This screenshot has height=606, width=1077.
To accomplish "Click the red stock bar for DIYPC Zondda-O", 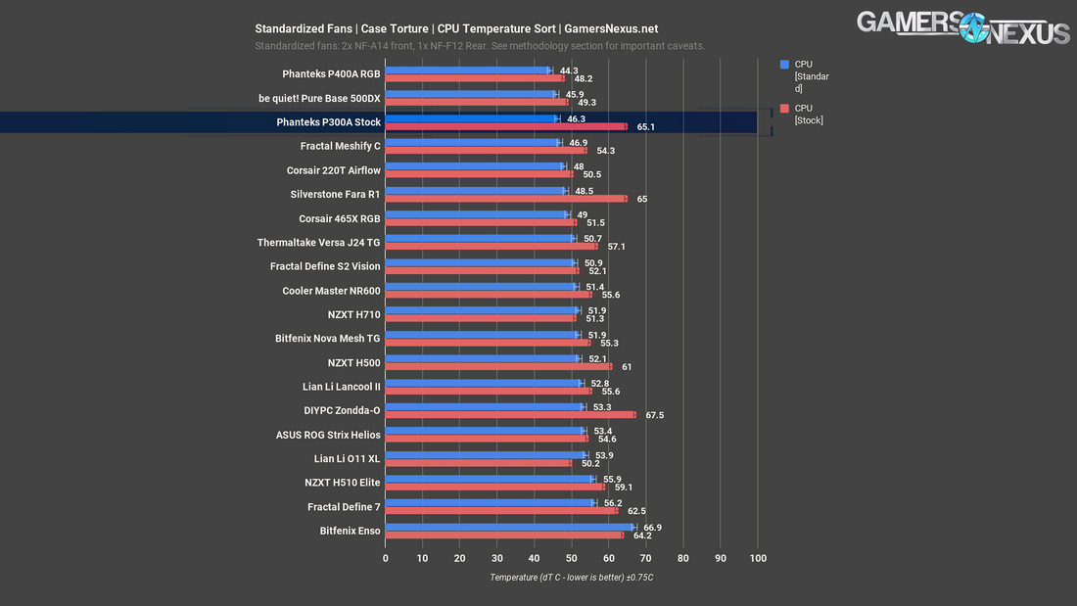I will point(509,415).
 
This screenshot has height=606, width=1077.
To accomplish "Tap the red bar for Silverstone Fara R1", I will point(505,198).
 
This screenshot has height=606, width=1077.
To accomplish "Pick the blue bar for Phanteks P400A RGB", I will point(468,70).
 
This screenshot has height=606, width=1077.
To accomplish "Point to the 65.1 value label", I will point(645,126).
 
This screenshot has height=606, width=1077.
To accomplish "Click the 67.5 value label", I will point(654,415).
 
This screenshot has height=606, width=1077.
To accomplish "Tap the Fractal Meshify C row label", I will point(340,146).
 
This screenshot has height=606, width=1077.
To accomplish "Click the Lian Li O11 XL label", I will point(347,458).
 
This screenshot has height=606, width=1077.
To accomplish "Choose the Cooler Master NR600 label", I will point(331,290).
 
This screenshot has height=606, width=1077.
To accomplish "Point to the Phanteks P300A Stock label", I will point(328,122).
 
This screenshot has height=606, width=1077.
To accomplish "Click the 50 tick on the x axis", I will point(572,558).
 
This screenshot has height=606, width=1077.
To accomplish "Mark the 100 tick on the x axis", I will point(758,558).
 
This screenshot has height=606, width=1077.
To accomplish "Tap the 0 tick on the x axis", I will point(386,558).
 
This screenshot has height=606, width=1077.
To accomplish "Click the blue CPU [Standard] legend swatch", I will point(784,64).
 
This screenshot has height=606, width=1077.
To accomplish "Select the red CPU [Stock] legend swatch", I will point(784,109).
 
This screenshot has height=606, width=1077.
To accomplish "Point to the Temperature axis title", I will point(571,578).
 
